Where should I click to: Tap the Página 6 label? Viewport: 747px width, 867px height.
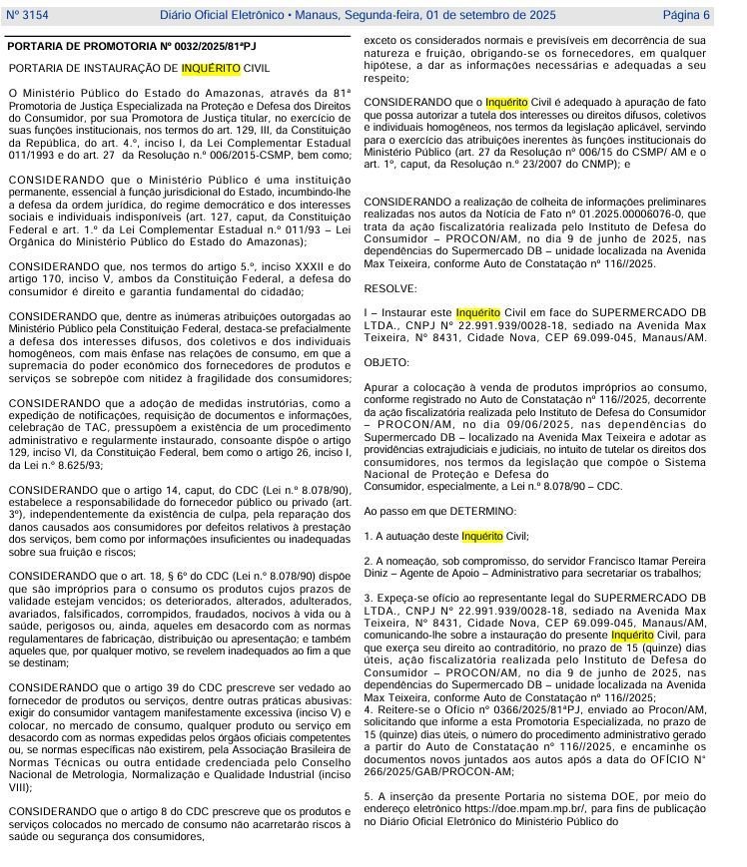point(686,15)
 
